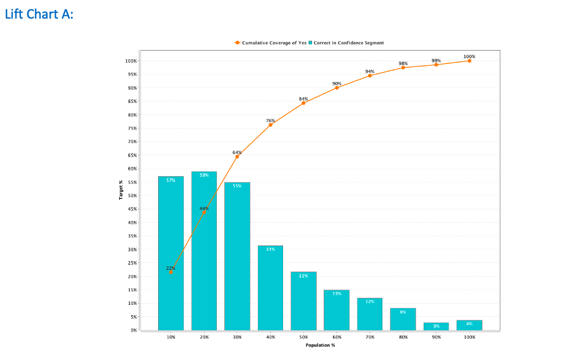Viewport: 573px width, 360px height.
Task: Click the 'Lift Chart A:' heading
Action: coord(39,14)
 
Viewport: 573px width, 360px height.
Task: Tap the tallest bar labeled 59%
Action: coord(204,251)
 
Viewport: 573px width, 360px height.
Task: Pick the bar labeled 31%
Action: coord(270,288)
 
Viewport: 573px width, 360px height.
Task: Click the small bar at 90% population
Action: coord(436,326)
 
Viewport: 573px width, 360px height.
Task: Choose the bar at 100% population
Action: coord(469,325)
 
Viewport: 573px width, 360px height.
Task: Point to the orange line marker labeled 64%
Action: coord(237,156)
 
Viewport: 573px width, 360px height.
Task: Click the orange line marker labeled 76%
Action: coord(270,125)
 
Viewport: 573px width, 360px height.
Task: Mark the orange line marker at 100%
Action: coord(469,60)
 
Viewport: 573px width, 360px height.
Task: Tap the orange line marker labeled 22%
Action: coord(171,272)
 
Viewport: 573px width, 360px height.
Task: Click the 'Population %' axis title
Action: coord(320,345)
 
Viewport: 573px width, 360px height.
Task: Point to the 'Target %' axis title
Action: coord(121,190)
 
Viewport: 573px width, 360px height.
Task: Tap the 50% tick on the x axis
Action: coord(303,337)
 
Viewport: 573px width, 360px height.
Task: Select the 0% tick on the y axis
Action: coord(133,330)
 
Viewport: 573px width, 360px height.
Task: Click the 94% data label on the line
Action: coord(370,71)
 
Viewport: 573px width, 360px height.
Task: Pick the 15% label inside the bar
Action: coord(336,294)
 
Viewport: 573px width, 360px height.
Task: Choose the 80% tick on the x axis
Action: coord(403,337)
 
